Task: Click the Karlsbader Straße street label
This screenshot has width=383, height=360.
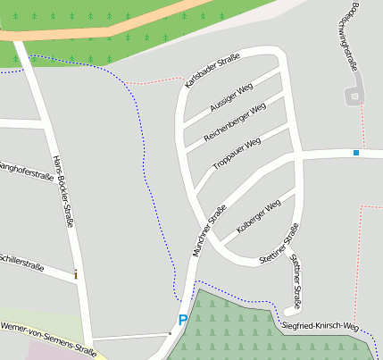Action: point(212,71)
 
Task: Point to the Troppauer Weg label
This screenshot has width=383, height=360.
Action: point(237,153)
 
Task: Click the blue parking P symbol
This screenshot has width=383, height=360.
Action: point(183,319)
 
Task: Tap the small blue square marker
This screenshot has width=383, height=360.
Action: point(355,153)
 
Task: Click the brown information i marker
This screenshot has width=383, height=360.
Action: point(76,274)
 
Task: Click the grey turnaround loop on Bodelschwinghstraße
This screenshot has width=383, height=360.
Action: point(356,94)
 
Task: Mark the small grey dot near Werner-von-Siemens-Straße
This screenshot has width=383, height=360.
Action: point(170,333)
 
